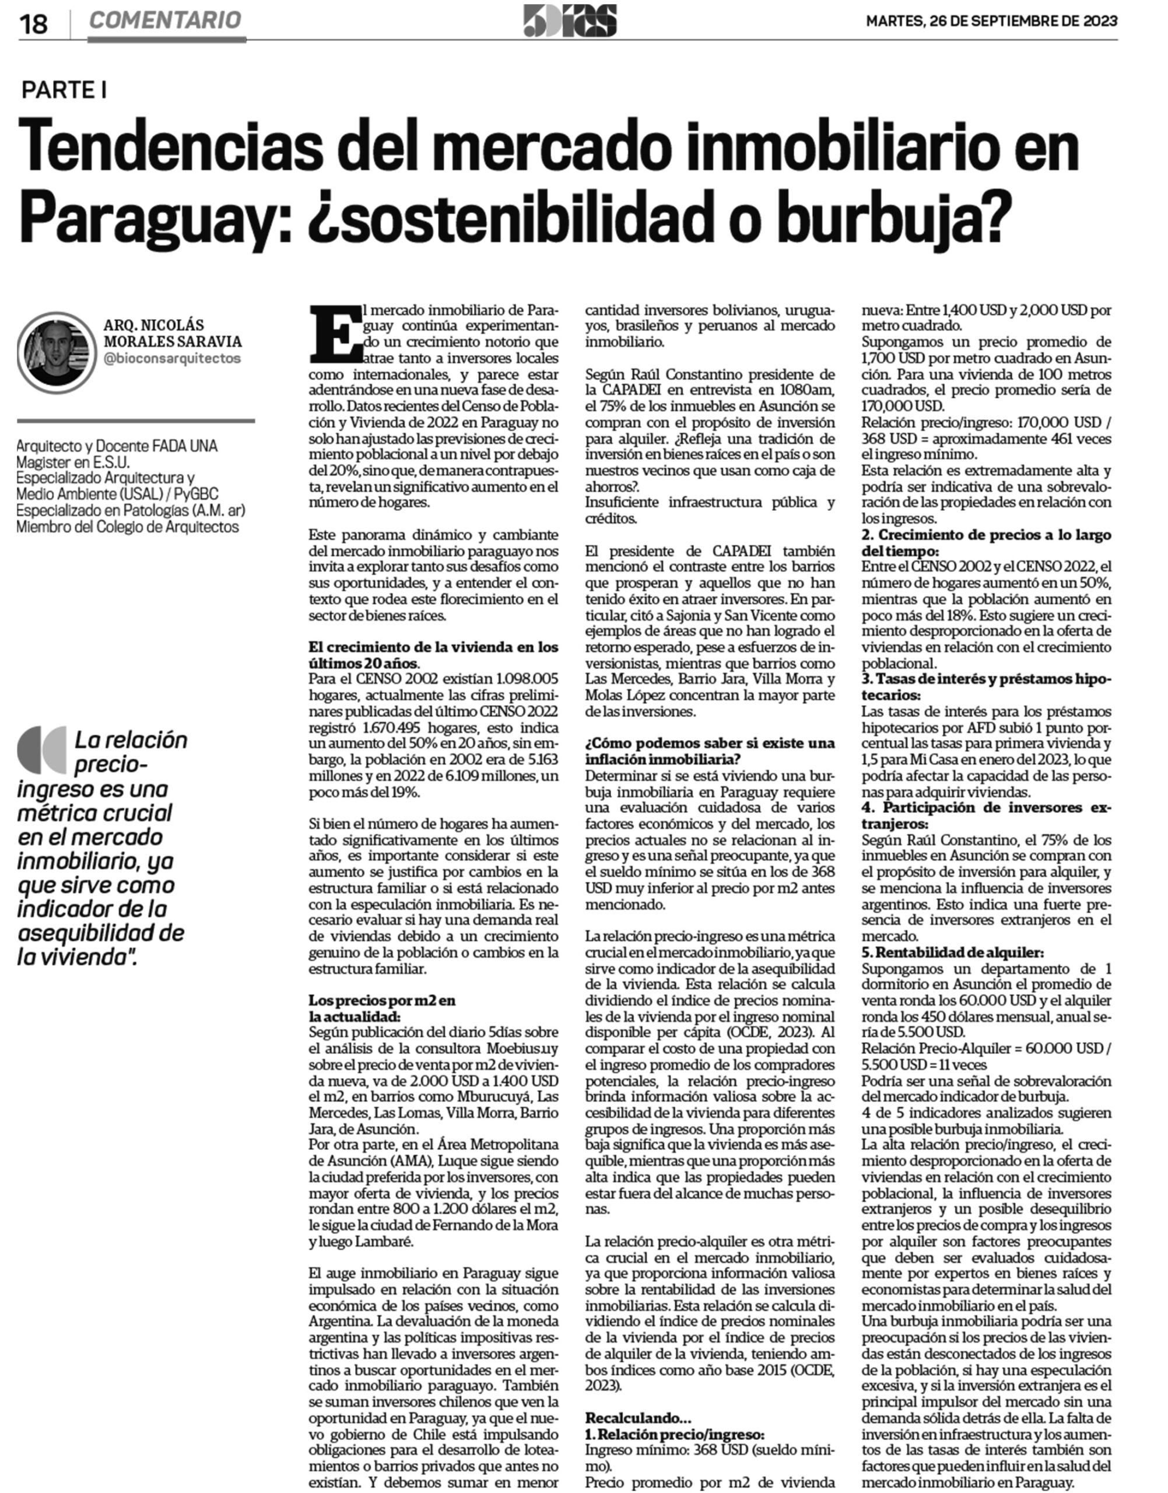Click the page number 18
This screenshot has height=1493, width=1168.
click(x=33, y=24)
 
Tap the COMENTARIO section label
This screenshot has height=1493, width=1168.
click(x=166, y=20)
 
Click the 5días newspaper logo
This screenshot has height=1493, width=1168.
click(x=570, y=20)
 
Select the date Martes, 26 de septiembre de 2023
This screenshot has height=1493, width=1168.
click(x=991, y=21)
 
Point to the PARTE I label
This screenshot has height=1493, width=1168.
click(x=64, y=90)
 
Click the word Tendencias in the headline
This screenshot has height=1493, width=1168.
click(x=170, y=149)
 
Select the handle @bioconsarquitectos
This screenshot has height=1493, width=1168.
click(x=173, y=358)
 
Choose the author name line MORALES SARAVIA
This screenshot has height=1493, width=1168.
click(x=173, y=341)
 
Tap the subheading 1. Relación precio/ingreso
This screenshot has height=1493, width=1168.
click(x=674, y=1434)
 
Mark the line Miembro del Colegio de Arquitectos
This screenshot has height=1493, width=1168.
click(x=128, y=527)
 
